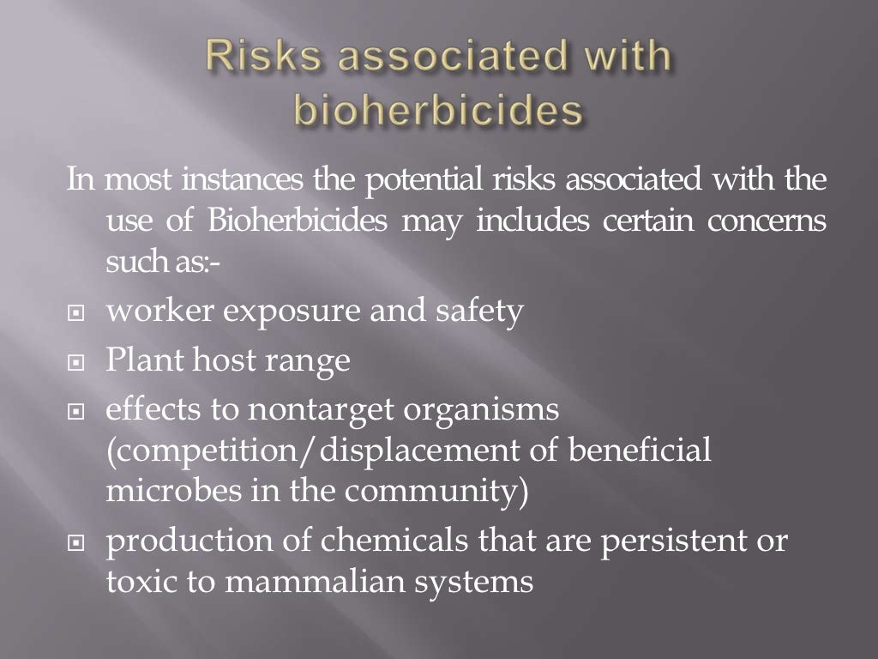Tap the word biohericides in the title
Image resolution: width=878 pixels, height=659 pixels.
tap(438, 112)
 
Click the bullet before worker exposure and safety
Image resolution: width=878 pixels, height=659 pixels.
tap(76, 315)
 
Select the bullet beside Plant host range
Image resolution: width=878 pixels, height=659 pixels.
tap(76, 364)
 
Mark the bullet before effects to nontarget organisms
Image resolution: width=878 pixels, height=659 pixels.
tap(76, 414)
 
